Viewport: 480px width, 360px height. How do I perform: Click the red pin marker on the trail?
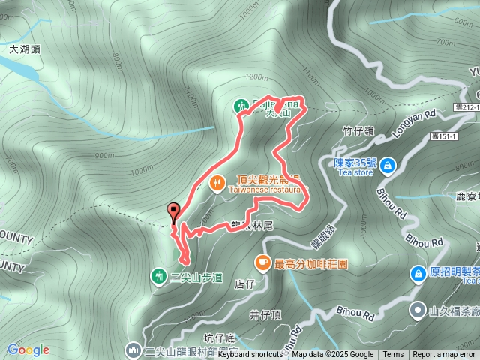tap(175, 213)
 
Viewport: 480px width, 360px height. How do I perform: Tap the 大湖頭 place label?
tap(25, 49)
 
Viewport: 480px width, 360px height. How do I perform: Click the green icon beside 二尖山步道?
tap(159, 276)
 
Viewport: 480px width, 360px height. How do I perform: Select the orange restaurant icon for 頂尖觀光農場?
tap(217, 181)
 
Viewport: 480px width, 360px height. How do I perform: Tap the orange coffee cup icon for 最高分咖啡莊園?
tap(262, 262)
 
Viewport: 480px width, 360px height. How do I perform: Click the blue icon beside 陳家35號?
tap(387, 165)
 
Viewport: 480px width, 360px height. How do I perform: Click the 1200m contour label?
tap(256, 77)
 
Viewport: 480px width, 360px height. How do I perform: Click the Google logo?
tap(28, 349)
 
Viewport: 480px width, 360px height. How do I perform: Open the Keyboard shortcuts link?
tap(250, 355)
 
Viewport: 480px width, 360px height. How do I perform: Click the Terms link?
tap(393, 355)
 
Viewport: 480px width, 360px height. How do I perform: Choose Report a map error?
tap(444, 355)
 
